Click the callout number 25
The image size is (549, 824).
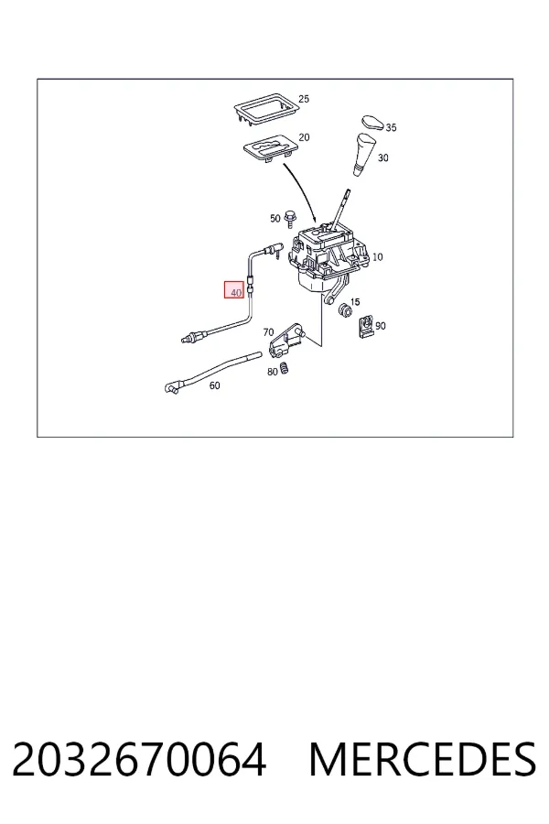coord(304,99)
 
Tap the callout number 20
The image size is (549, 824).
coord(304,137)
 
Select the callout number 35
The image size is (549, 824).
coord(391,127)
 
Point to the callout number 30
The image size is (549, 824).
coord(383,157)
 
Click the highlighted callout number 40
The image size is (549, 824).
coord(235,292)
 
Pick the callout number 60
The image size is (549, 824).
coord(214,385)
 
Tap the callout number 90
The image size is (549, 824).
coord(381,326)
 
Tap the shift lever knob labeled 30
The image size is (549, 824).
coord(363,154)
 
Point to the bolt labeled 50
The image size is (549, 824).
coord(288,219)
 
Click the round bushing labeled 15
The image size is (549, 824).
coord(345,310)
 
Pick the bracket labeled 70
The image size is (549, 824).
coord(285,340)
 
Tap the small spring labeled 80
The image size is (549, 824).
coord(285,368)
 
